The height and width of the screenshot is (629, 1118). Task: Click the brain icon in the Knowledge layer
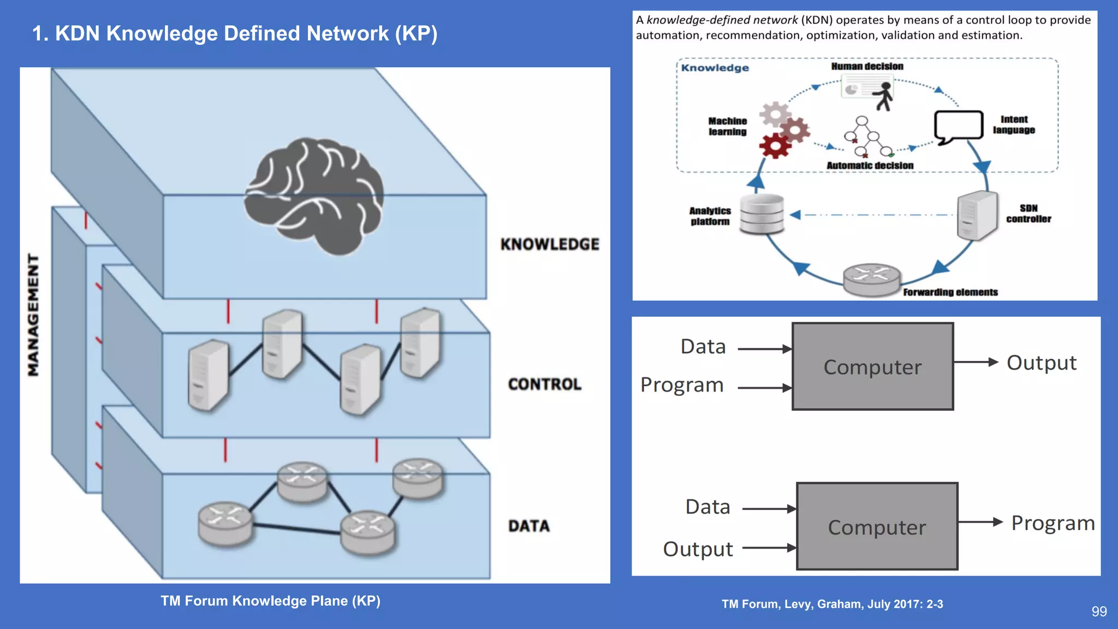[x=314, y=197]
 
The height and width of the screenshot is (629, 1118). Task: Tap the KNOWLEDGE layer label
[x=550, y=244]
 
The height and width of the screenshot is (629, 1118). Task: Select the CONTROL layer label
[x=544, y=384]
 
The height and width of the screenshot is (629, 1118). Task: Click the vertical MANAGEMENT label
[x=33, y=315]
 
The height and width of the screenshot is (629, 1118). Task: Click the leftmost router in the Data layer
[x=225, y=524]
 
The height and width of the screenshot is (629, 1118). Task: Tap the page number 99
[x=1099, y=612]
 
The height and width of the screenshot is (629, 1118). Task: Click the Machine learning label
[x=727, y=126]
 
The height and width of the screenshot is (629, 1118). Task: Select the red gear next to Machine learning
[x=775, y=146]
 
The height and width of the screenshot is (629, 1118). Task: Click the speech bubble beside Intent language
[x=958, y=126]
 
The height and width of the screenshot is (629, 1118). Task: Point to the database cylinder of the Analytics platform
[x=762, y=214]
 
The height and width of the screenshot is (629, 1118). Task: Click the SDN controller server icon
[x=977, y=216]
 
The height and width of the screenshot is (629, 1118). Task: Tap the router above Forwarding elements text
[x=871, y=280]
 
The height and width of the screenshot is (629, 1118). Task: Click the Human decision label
[x=867, y=66]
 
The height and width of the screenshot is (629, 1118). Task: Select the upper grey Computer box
[x=872, y=366]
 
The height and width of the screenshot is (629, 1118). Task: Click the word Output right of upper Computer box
[x=1041, y=363]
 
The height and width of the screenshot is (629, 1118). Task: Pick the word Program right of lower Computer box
[x=1052, y=523]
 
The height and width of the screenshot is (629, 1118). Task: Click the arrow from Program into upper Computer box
[x=764, y=388]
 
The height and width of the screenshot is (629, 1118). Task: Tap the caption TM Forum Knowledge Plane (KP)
[x=270, y=601]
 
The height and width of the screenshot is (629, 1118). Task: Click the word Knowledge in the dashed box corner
[x=715, y=68]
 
